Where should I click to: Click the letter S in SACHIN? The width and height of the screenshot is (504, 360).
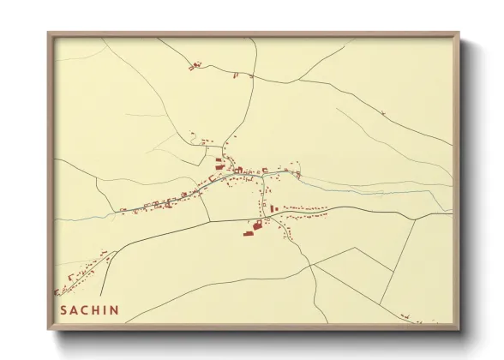click(x=63, y=309)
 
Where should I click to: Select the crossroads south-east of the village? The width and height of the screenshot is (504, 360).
click(x=266, y=218)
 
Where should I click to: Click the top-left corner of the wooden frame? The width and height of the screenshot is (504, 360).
click(x=49, y=34)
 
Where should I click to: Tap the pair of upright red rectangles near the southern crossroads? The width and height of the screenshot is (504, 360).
click(x=273, y=208)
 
